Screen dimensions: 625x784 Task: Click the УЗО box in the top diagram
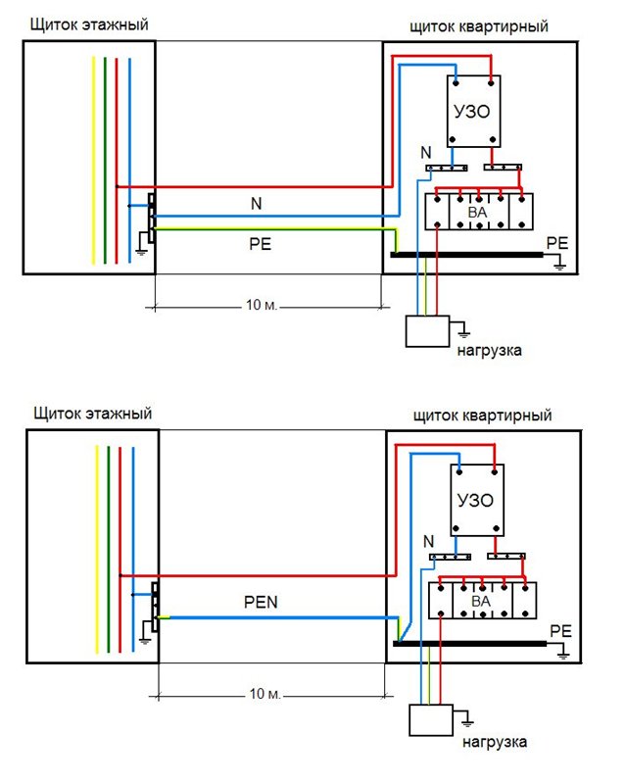tap(473, 111)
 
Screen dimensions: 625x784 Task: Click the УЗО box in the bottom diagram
tap(477, 500)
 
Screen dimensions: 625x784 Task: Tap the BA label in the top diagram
tap(477, 213)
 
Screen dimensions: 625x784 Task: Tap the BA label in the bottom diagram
tap(480, 601)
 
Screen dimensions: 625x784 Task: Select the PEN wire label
tap(261, 602)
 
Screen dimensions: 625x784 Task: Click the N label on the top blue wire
tap(256, 204)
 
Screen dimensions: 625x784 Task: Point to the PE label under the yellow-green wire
tap(260, 244)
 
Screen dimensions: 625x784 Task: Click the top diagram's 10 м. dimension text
tap(261, 305)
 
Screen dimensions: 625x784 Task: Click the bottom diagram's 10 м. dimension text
tap(265, 694)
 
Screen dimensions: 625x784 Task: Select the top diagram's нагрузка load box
tap(427, 331)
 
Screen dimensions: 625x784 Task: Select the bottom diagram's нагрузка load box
tap(431, 720)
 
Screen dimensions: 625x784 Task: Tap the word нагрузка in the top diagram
tap(490, 351)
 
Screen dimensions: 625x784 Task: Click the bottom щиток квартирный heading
tap(483, 416)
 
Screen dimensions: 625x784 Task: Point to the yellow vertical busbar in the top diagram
tap(93, 160)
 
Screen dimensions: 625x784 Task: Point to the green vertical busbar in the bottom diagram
tap(109, 549)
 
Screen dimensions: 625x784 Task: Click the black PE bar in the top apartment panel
tap(466, 255)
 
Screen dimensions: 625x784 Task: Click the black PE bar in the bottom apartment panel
tap(470, 644)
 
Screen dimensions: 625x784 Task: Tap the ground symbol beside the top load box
tap(463, 331)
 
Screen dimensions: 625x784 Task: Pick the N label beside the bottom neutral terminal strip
tap(428, 541)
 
